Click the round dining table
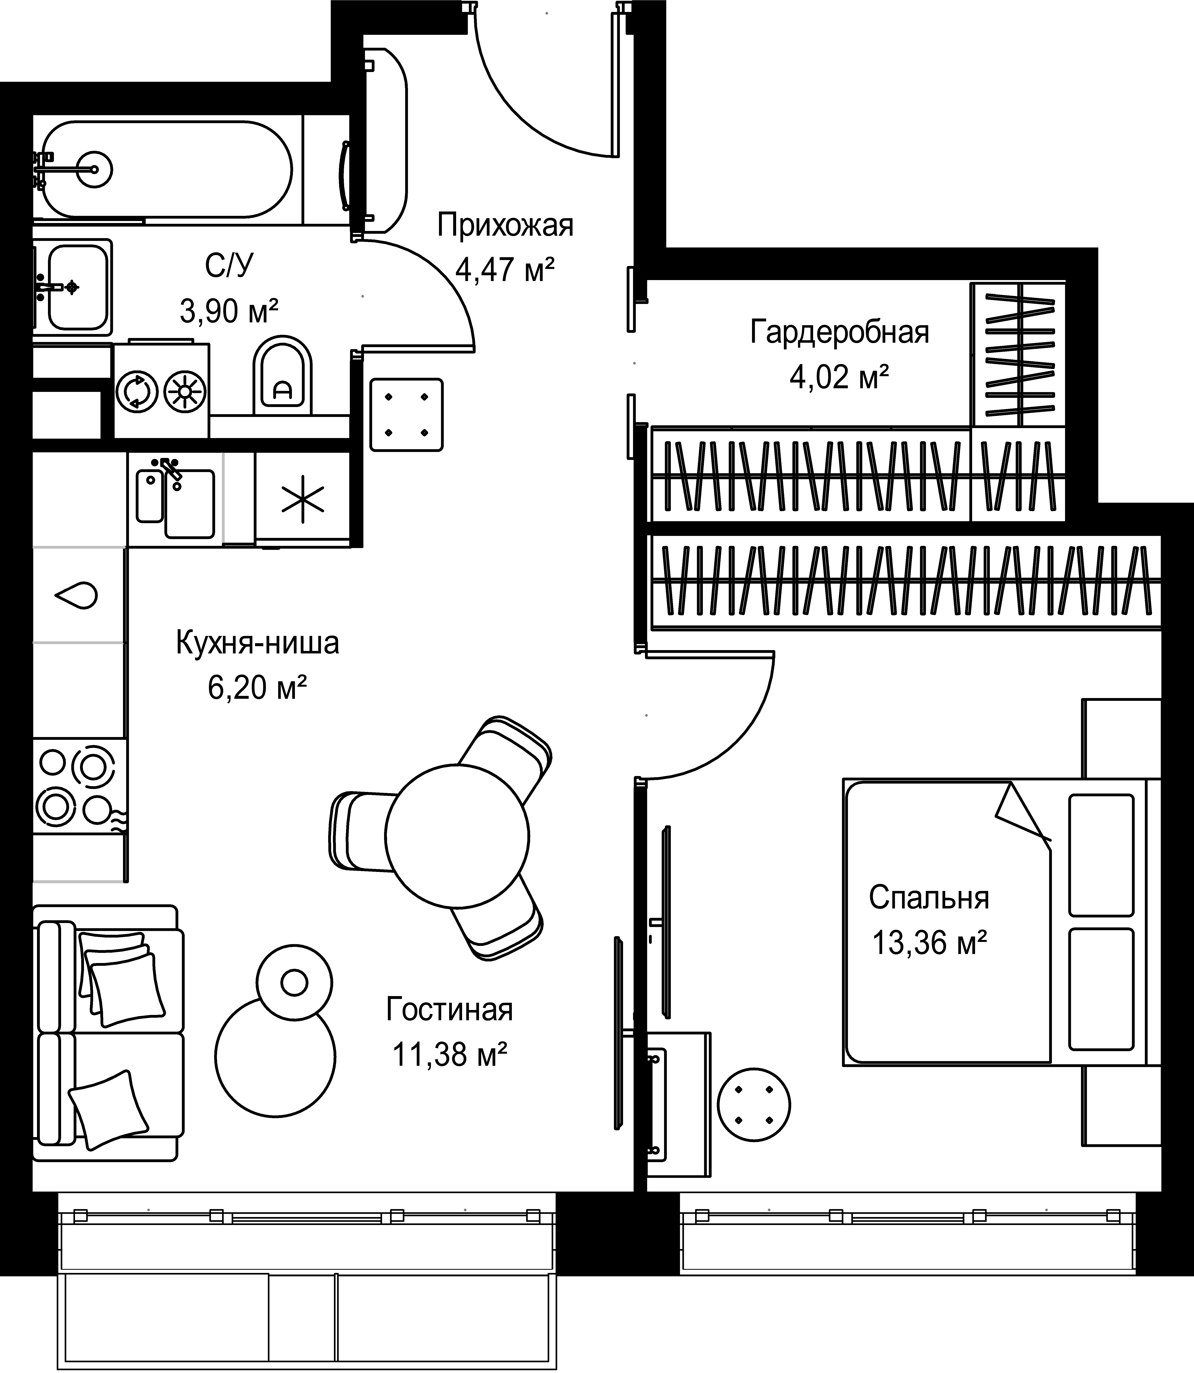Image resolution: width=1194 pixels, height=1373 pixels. [x=457, y=835]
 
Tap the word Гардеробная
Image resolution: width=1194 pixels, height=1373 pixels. [x=840, y=332]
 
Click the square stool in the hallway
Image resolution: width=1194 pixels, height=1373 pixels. [x=406, y=414]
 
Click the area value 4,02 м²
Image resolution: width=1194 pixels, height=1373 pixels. [x=840, y=377]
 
